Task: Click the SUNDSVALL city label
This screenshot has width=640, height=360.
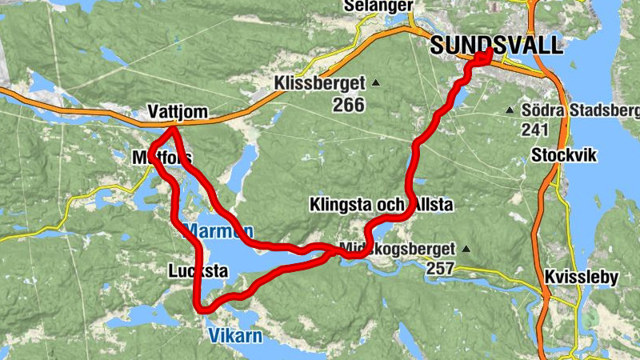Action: tap(496, 45)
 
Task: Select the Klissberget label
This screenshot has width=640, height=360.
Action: tap(318, 82)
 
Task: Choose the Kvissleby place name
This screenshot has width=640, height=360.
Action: tap(582, 278)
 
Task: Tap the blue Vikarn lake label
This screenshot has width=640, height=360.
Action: tap(235, 336)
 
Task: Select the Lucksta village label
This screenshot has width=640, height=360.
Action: tap(198, 271)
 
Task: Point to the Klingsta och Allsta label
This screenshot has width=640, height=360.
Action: tap(381, 206)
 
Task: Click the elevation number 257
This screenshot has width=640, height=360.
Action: tap(440, 270)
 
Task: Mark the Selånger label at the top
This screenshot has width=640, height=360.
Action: tap(378, 6)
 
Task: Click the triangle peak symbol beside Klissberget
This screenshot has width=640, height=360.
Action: tap(374, 82)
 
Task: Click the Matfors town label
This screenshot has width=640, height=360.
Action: tap(160, 159)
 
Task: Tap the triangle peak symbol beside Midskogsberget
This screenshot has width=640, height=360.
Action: tap(466, 249)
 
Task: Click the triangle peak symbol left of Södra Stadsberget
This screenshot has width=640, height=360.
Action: tap(510, 110)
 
